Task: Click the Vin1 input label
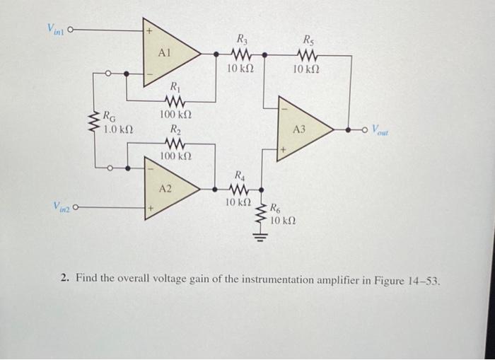(x=56, y=29)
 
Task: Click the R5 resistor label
(x=310, y=40)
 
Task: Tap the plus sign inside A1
(x=149, y=32)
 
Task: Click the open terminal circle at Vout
(x=366, y=129)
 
